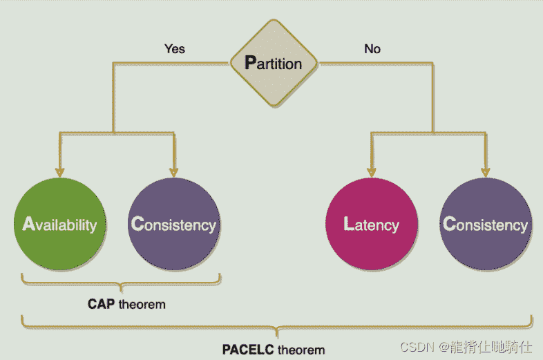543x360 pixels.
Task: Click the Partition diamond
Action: coord(274,64)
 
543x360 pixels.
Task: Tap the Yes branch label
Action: coord(174,49)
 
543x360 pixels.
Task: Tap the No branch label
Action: coord(372,49)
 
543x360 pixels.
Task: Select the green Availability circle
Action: coord(59,224)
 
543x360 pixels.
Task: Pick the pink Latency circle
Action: coord(372,224)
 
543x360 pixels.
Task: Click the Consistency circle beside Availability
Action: coord(173,224)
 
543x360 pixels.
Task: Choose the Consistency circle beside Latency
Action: coord(486,224)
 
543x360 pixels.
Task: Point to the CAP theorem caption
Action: coord(126,304)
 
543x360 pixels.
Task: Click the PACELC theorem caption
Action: coord(274,349)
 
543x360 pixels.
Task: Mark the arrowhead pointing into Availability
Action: coord(60,170)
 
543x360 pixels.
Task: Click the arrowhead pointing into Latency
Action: coord(372,170)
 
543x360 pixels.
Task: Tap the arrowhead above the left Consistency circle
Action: coord(173,170)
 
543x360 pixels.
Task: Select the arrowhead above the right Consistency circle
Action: coord(486,170)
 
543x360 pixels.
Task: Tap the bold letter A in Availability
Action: coord(28,224)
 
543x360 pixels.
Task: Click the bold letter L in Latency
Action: coord(349,224)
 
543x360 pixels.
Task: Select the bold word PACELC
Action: coord(246,349)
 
